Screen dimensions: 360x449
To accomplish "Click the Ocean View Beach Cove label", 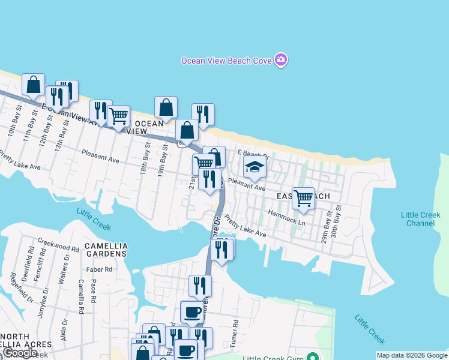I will (x=226, y=61).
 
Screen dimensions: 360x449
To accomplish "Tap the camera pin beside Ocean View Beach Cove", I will (x=281, y=60).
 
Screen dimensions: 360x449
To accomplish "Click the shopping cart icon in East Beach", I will (x=304, y=197).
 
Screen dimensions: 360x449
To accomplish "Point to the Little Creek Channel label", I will (x=418, y=219).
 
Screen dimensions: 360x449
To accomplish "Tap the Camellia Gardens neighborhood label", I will (x=106, y=250).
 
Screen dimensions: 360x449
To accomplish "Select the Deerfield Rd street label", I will (x=30, y=258).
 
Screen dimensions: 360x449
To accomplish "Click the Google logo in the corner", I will (x=19, y=353).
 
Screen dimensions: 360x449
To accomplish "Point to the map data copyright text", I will (x=412, y=355).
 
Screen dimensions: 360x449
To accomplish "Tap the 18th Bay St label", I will (x=145, y=161).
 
